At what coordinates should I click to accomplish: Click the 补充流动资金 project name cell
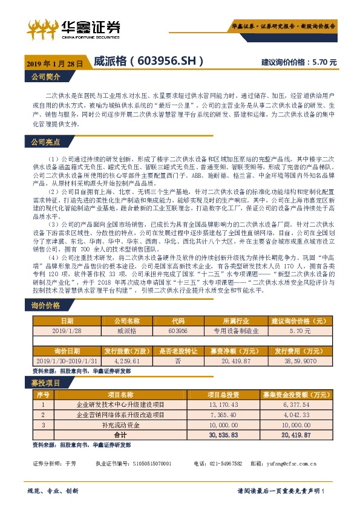[120, 425]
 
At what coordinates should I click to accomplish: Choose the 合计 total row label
[120, 435]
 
